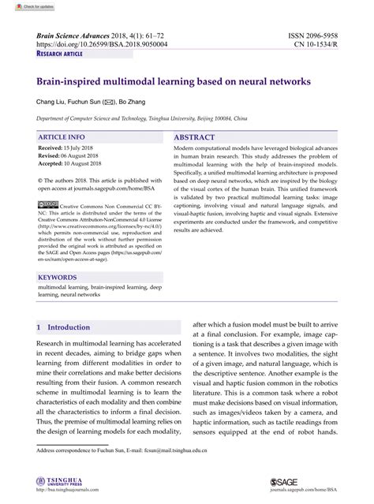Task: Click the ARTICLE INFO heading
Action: (62, 136)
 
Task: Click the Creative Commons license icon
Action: (47, 204)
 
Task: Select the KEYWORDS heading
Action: (58, 278)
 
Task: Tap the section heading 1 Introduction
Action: (64, 327)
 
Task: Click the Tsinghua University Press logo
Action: (63, 481)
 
